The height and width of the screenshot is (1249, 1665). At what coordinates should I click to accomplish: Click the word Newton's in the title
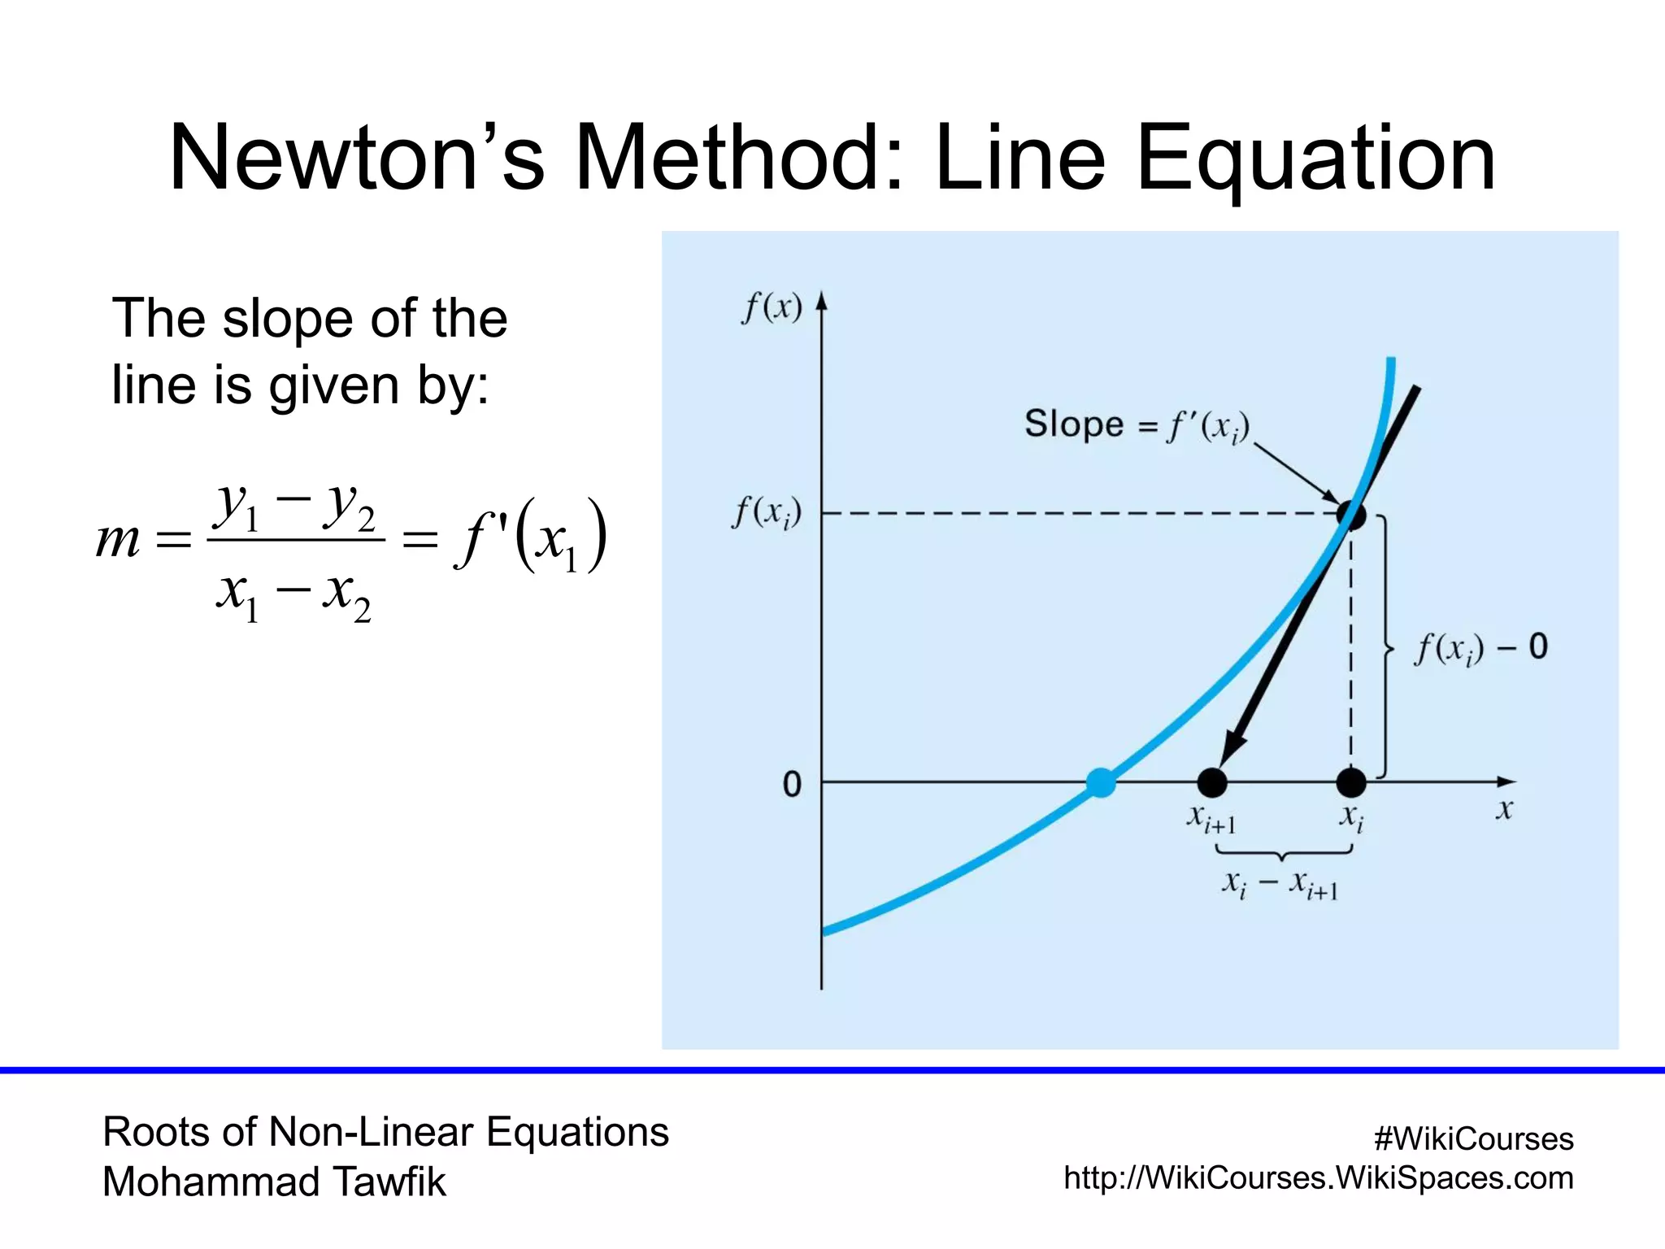click(x=356, y=158)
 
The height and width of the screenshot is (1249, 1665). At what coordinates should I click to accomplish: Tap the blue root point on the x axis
click(x=1101, y=782)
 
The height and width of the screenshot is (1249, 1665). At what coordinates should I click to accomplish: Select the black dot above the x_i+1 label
click(x=1212, y=782)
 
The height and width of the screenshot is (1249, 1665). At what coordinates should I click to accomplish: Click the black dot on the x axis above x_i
click(x=1351, y=782)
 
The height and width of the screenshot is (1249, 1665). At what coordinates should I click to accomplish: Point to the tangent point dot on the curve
click(x=1351, y=515)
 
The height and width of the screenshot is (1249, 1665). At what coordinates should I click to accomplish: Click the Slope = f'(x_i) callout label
click(x=1136, y=425)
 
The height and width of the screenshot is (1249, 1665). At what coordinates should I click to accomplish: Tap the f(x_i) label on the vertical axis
click(x=767, y=513)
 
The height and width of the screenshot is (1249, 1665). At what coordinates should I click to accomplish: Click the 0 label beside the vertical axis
click(x=791, y=785)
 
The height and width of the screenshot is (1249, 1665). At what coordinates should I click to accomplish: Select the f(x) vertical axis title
click(x=772, y=308)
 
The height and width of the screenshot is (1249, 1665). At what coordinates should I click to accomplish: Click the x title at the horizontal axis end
click(x=1504, y=810)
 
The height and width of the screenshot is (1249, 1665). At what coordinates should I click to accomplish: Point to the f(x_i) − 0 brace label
click(x=1480, y=648)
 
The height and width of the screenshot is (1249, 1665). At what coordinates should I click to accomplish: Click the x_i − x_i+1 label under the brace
click(x=1280, y=885)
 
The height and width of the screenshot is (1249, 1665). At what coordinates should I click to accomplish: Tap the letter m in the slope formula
click(x=119, y=538)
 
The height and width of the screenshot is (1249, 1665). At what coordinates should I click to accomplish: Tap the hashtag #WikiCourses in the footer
click(x=1473, y=1138)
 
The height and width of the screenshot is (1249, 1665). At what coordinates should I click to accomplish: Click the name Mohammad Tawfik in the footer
click(x=274, y=1182)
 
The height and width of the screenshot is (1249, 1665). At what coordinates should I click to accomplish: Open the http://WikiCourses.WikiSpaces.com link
click(x=1318, y=1177)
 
